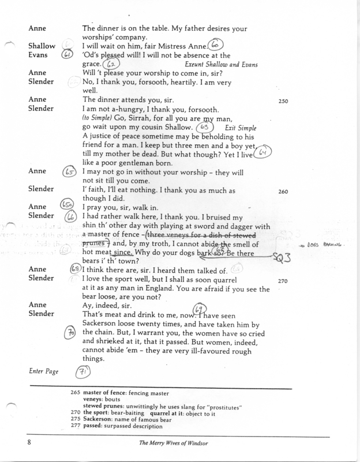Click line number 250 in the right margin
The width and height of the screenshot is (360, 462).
click(x=284, y=99)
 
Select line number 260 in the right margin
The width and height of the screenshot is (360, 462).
click(x=284, y=189)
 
